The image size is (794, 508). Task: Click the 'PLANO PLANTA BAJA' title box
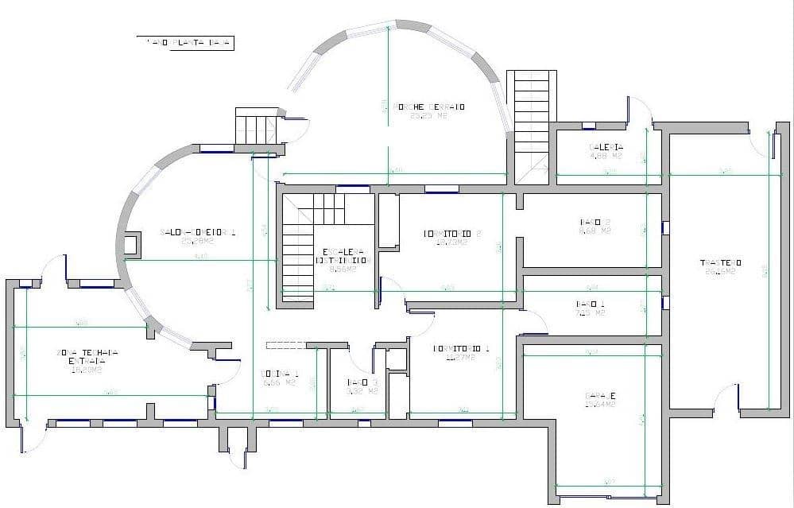pyautogui.click(x=184, y=43)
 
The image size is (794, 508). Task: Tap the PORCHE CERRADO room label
pyautogui.click(x=429, y=107)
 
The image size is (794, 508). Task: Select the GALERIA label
pyautogui.click(x=606, y=147)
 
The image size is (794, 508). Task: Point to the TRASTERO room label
pyautogui.click(x=720, y=262)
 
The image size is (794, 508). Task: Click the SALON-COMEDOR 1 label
pyautogui.click(x=198, y=232)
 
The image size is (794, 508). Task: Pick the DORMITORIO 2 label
pyautogui.click(x=453, y=234)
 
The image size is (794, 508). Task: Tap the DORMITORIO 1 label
pyautogui.click(x=461, y=348)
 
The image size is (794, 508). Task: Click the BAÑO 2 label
pyautogui.click(x=595, y=222)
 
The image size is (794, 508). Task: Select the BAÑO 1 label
pyautogui.click(x=590, y=304)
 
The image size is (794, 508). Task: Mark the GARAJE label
pyautogui.click(x=602, y=396)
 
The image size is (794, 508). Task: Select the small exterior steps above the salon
pyautogui.click(x=257, y=127)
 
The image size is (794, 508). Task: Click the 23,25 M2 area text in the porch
pyautogui.click(x=428, y=116)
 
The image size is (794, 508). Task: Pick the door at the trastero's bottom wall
pyautogui.click(x=727, y=397)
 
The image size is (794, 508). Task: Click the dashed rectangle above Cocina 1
pyautogui.click(x=286, y=345)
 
